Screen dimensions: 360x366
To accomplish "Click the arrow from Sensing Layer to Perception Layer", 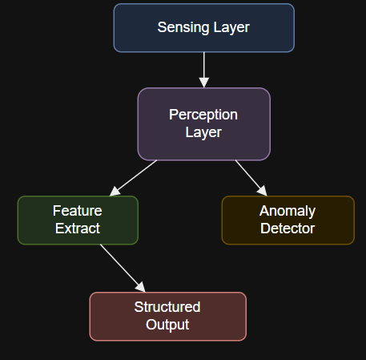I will tap(203, 69).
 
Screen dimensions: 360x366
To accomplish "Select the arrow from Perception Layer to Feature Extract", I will tap(135, 177).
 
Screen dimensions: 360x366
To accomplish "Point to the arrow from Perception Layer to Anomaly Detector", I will tap(249, 177).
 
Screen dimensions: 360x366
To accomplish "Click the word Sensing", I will tap(180, 27).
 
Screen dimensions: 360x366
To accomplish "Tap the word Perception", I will tap(203, 115).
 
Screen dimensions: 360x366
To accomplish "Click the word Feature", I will tap(77, 211).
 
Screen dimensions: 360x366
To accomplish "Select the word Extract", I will tap(77, 229).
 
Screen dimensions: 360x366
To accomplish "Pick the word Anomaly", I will tap(288, 211).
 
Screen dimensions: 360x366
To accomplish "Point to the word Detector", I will tap(288, 229).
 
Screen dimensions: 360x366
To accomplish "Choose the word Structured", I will tap(167, 307).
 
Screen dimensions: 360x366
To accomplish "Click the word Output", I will tap(167, 325).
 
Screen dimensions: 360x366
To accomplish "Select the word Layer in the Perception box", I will tap(203, 132).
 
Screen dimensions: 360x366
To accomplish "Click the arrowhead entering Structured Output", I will tap(141, 287).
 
